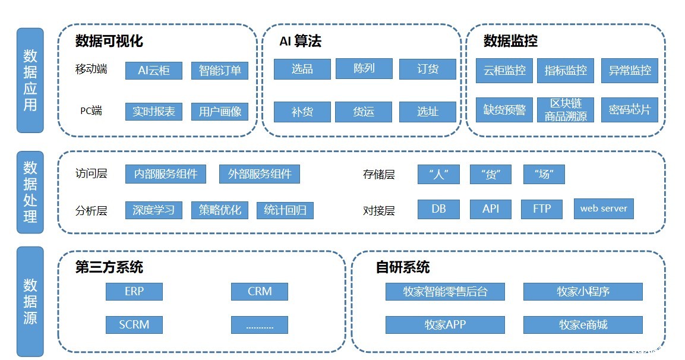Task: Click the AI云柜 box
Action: (x=153, y=70)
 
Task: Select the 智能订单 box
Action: (x=220, y=70)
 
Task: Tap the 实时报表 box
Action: (x=153, y=112)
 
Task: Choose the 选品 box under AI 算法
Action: (x=302, y=69)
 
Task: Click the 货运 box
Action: (x=364, y=112)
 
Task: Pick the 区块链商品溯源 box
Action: (x=566, y=110)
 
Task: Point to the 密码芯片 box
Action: (x=630, y=110)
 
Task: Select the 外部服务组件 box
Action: (x=260, y=174)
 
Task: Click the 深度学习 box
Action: (x=153, y=210)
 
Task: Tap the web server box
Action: (x=604, y=209)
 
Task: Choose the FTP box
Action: (x=542, y=209)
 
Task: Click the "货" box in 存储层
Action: (x=490, y=174)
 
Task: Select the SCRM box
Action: (x=134, y=324)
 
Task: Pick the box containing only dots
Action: (x=260, y=324)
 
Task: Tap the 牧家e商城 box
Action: (x=583, y=325)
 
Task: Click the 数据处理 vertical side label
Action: (x=30, y=191)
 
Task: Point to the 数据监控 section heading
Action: (x=510, y=41)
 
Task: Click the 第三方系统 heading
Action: (x=109, y=267)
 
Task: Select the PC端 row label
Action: (x=91, y=110)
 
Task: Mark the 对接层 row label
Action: (x=378, y=211)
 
